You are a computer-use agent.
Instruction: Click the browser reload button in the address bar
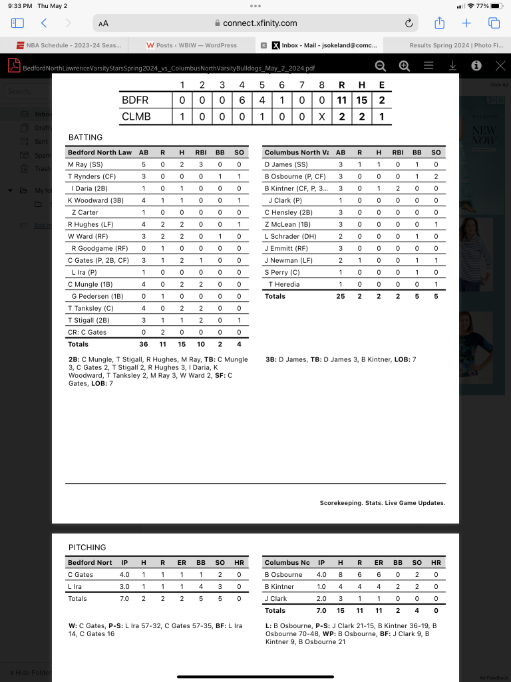click(409, 23)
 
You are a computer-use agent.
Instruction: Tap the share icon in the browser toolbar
click(439, 23)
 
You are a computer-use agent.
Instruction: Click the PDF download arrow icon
click(452, 66)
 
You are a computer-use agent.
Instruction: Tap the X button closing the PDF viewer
click(500, 66)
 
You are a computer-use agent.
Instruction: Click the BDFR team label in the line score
click(135, 100)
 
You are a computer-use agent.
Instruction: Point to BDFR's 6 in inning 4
click(242, 100)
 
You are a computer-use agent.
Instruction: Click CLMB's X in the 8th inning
click(322, 116)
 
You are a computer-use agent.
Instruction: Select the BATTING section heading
click(85, 138)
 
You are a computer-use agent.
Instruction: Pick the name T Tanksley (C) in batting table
click(90, 308)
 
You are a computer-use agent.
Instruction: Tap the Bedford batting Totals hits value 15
click(182, 344)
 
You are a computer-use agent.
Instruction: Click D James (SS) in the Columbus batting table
click(286, 164)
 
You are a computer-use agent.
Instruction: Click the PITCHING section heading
click(87, 548)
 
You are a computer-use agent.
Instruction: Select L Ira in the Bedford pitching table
click(75, 586)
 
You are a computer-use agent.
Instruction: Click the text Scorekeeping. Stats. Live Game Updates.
click(382, 503)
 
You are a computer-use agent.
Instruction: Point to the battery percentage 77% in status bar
click(482, 6)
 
